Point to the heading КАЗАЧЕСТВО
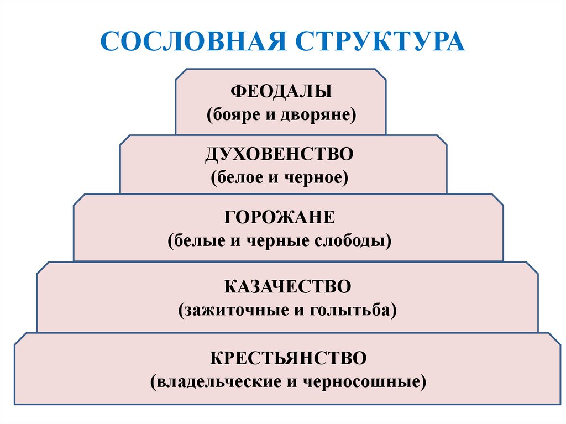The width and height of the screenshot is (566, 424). pos(287,287)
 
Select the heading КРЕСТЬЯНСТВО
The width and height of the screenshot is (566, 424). pos(288,358)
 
